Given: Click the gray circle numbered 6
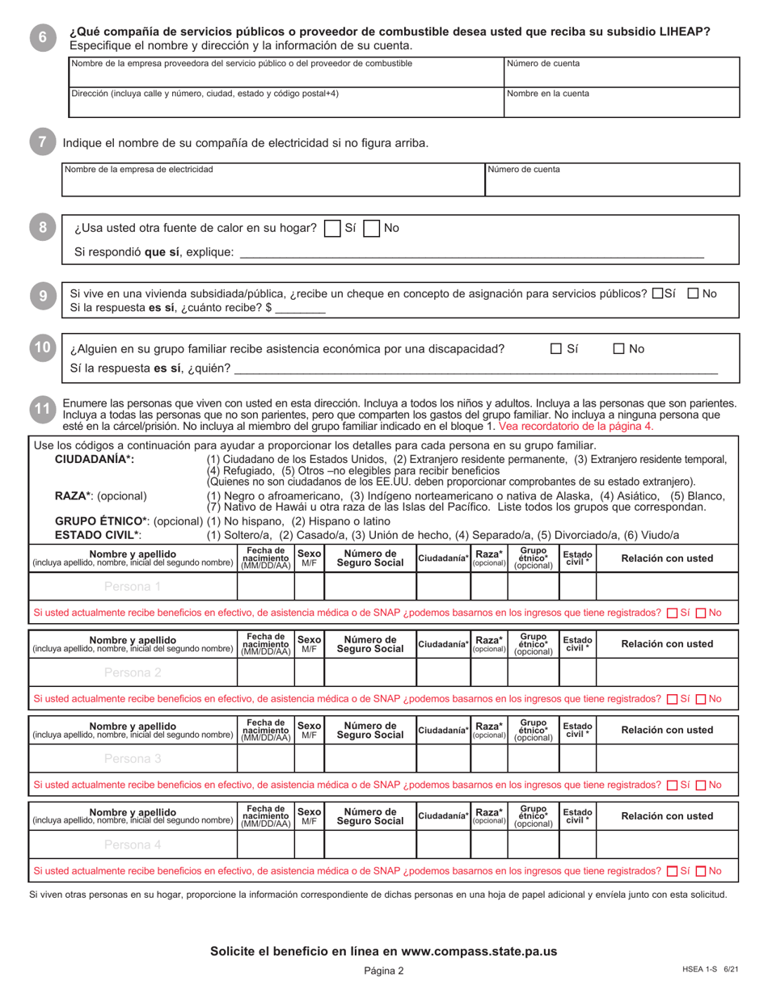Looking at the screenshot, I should [x=42, y=36].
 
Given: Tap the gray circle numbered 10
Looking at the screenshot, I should [x=42, y=348].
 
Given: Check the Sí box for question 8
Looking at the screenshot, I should [x=331, y=229].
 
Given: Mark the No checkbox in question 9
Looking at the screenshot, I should [x=693, y=294].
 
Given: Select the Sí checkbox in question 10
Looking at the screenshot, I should [x=556, y=349].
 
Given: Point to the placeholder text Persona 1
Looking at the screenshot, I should [x=133, y=587].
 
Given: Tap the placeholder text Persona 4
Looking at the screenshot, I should [x=133, y=844].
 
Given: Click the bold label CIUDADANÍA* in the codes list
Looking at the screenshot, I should [x=95, y=459].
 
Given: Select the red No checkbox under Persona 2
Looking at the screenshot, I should [x=702, y=699].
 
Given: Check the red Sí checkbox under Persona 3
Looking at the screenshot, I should [x=672, y=785].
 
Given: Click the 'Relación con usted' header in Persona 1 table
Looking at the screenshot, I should [x=667, y=558].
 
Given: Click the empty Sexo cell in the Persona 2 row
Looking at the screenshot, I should [x=309, y=672].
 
